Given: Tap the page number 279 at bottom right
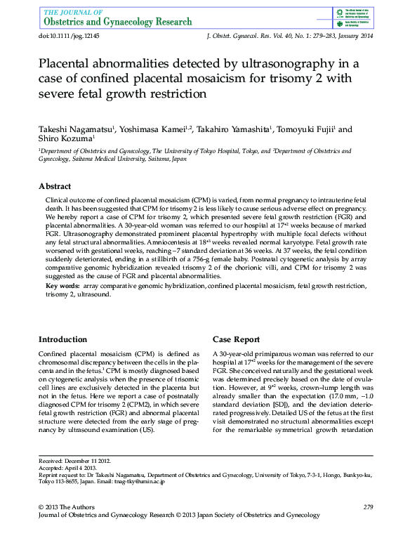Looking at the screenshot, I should (368, 507).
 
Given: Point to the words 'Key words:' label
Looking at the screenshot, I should (62, 287).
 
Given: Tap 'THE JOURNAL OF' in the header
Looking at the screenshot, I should (73, 12).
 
